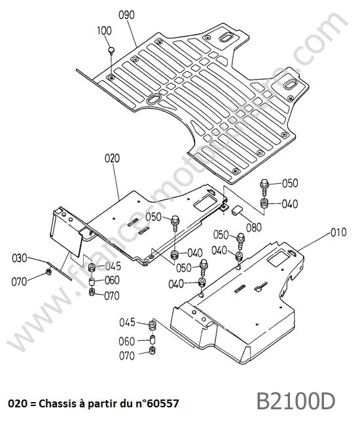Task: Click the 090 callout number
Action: coord(126,15)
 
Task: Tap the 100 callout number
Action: coord(104,31)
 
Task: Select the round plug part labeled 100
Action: coord(111,50)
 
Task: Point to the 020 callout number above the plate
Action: coord(112,158)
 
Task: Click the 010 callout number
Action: coord(338,232)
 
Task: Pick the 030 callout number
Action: coord(20,258)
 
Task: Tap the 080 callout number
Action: coord(254,227)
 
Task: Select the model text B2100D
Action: coord(296,401)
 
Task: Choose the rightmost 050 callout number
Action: coord(290,184)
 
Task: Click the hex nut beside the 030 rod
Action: coord(49,272)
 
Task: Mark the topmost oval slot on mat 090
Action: coord(226,37)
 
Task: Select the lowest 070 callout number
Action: coord(127,356)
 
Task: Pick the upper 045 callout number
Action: coord(113,266)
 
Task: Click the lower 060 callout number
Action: coord(126,341)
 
